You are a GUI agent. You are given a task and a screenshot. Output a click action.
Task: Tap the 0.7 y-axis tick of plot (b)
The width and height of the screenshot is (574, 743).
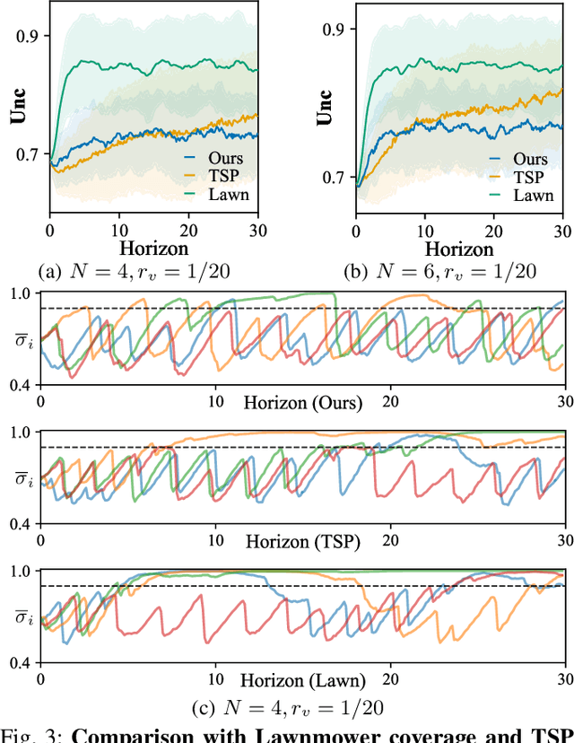335,177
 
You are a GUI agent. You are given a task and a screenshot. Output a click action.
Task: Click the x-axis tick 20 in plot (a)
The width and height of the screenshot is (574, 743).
188,229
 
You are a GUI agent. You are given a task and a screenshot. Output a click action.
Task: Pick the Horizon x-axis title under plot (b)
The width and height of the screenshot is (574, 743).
458,249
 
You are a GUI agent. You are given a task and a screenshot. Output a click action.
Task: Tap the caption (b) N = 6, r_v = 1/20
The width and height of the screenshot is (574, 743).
439,271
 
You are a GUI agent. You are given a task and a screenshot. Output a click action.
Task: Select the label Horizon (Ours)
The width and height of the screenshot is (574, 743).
303,403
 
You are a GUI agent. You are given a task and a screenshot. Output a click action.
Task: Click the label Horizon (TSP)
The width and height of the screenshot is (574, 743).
301,541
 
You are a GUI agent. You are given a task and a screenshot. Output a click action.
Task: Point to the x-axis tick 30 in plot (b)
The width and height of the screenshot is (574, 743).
565,229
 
